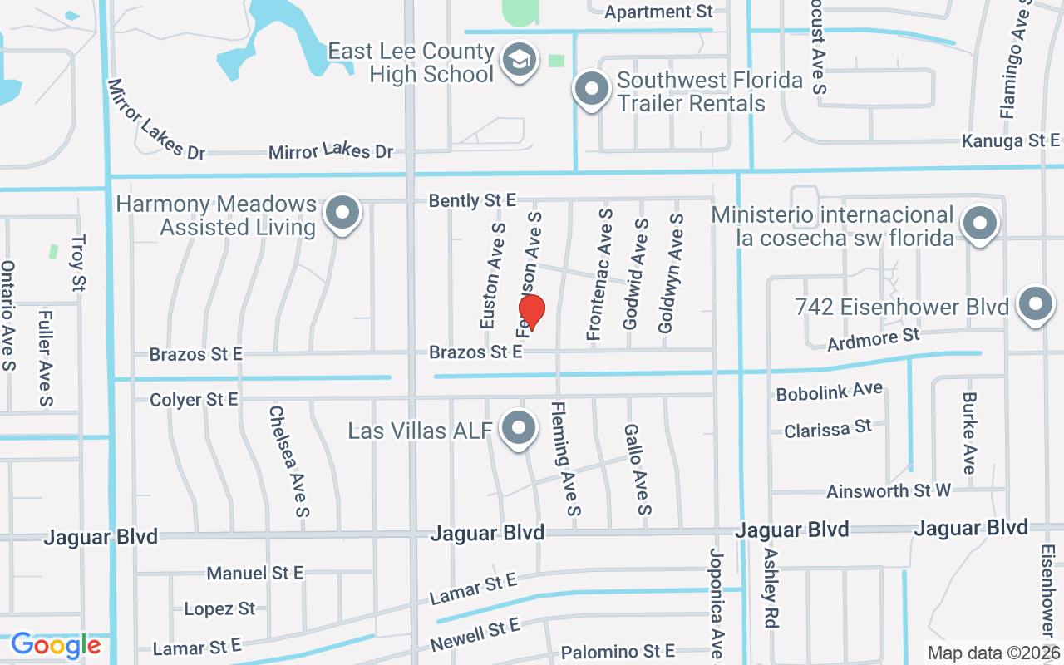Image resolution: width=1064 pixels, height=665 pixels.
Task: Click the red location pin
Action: (x=531, y=312)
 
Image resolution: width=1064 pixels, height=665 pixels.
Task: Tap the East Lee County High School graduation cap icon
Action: (x=520, y=60)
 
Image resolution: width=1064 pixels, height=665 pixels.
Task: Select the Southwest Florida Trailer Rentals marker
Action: (x=591, y=88)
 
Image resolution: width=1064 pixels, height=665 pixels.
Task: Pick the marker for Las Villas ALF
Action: (x=520, y=429)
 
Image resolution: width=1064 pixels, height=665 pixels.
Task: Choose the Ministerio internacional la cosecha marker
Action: (x=980, y=223)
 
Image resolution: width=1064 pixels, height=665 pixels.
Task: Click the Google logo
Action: (x=56, y=645)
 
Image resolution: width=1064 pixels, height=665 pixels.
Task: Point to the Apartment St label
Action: (x=659, y=12)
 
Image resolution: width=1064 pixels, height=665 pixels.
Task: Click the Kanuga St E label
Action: (x=1011, y=140)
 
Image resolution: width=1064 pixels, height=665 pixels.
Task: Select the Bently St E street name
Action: (x=472, y=200)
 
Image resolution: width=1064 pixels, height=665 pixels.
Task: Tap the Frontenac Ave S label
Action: (x=600, y=274)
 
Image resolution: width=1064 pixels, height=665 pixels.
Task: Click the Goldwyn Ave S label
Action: (x=672, y=273)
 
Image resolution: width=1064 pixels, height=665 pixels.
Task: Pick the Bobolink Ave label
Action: (x=829, y=390)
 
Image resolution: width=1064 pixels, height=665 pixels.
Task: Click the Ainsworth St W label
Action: (x=888, y=491)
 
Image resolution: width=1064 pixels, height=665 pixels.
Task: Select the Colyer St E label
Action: (x=194, y=400)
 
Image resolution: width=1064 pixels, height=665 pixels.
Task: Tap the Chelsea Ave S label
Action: (x=288, y=461)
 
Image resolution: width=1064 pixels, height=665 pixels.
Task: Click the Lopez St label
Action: (x=219, y=608)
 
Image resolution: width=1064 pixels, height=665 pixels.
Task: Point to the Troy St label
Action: (x=78, y=264)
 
